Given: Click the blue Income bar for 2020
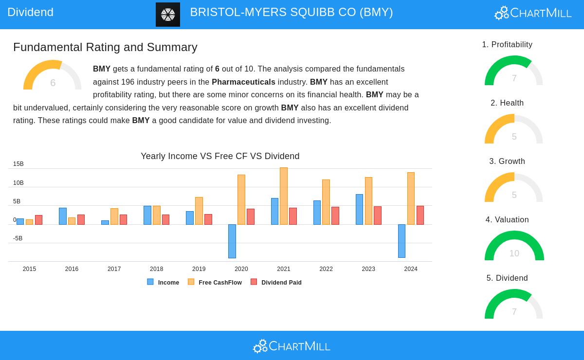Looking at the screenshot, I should coord(232,241).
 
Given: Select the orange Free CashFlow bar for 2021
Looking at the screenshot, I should coord(284,196).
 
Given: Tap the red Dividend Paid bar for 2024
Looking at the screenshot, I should coord(420,215).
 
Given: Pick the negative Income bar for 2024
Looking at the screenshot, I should coord(401,241).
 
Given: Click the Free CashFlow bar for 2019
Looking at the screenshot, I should coord(199,211).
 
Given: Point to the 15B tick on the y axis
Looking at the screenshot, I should coord(18,164).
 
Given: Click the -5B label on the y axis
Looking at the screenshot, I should coord(18,239).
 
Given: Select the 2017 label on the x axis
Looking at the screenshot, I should coord(114,269).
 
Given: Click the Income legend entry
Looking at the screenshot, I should coord(164,283).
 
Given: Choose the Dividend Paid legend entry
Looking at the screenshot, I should coord(276,283).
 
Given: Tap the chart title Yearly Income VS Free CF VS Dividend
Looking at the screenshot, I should coord(220,156).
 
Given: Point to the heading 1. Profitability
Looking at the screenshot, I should coord(507,45).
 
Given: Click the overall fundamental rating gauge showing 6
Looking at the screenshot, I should coord(53,75).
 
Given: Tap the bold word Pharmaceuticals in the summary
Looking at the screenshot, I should coord(243,82).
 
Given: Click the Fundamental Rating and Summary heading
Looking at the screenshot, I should coord(105,47).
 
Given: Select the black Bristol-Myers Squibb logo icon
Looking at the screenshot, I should coord(168,15).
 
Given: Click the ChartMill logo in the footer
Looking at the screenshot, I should coord(292,346).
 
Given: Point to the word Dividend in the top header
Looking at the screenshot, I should coord(30,12).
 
